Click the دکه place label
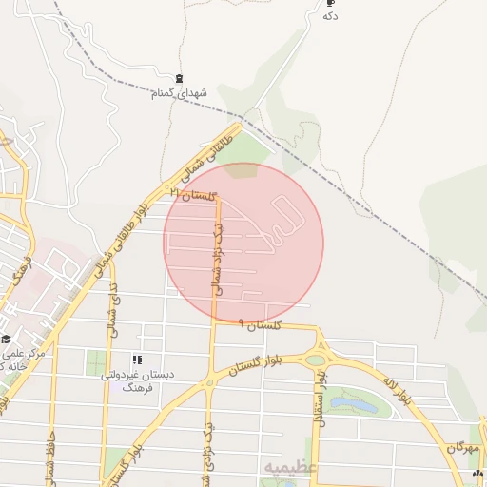(330, 16)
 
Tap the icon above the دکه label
(330, 3)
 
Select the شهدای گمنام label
(178, 93)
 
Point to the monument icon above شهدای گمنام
(179, 78)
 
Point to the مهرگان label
(460, 447)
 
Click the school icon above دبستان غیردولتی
(137, 360)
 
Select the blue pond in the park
(364, 405)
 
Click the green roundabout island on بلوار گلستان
(316, 360)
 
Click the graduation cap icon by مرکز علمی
(6, 339)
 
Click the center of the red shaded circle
(243, 243)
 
